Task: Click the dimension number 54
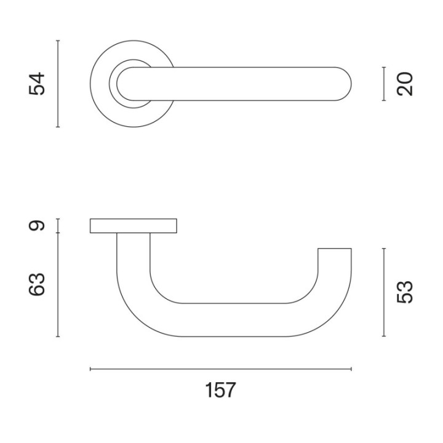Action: [x=37, y=84]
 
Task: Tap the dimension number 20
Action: [x=405, y=84]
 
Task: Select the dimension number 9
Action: [x=37, y=225]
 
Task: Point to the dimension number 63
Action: [x=37, y=284]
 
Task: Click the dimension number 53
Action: [x=405, y=292]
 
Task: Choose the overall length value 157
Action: [x=220, y=390]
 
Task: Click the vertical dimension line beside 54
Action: [x=58, y=84]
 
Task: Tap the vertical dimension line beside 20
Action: [x=384, y=84]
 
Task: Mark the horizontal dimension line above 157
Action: [x=221, y=369]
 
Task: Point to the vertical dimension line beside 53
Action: [x=384, y=292]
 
